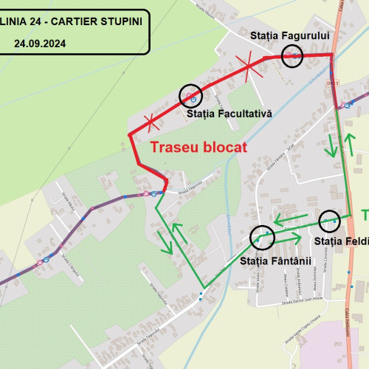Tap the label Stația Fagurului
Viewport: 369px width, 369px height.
pyautogui.click(x=293, y=35)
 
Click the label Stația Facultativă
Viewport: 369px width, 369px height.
pyautogui.click(x=230, y=114)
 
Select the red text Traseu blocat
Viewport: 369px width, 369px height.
pyautogui.click(x=198, y=147)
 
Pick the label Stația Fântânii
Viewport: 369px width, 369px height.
pyautogui.click(x=277, y=261)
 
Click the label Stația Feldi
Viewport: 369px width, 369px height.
pyautogui.click(x=340, y=241)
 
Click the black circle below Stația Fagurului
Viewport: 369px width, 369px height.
pyautogui.click(x=293, y=55)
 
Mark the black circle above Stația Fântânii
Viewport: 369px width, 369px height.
pyautogui.click(x=262, y=237)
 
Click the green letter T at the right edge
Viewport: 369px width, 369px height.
pyautogui.click(x=365, y=215)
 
